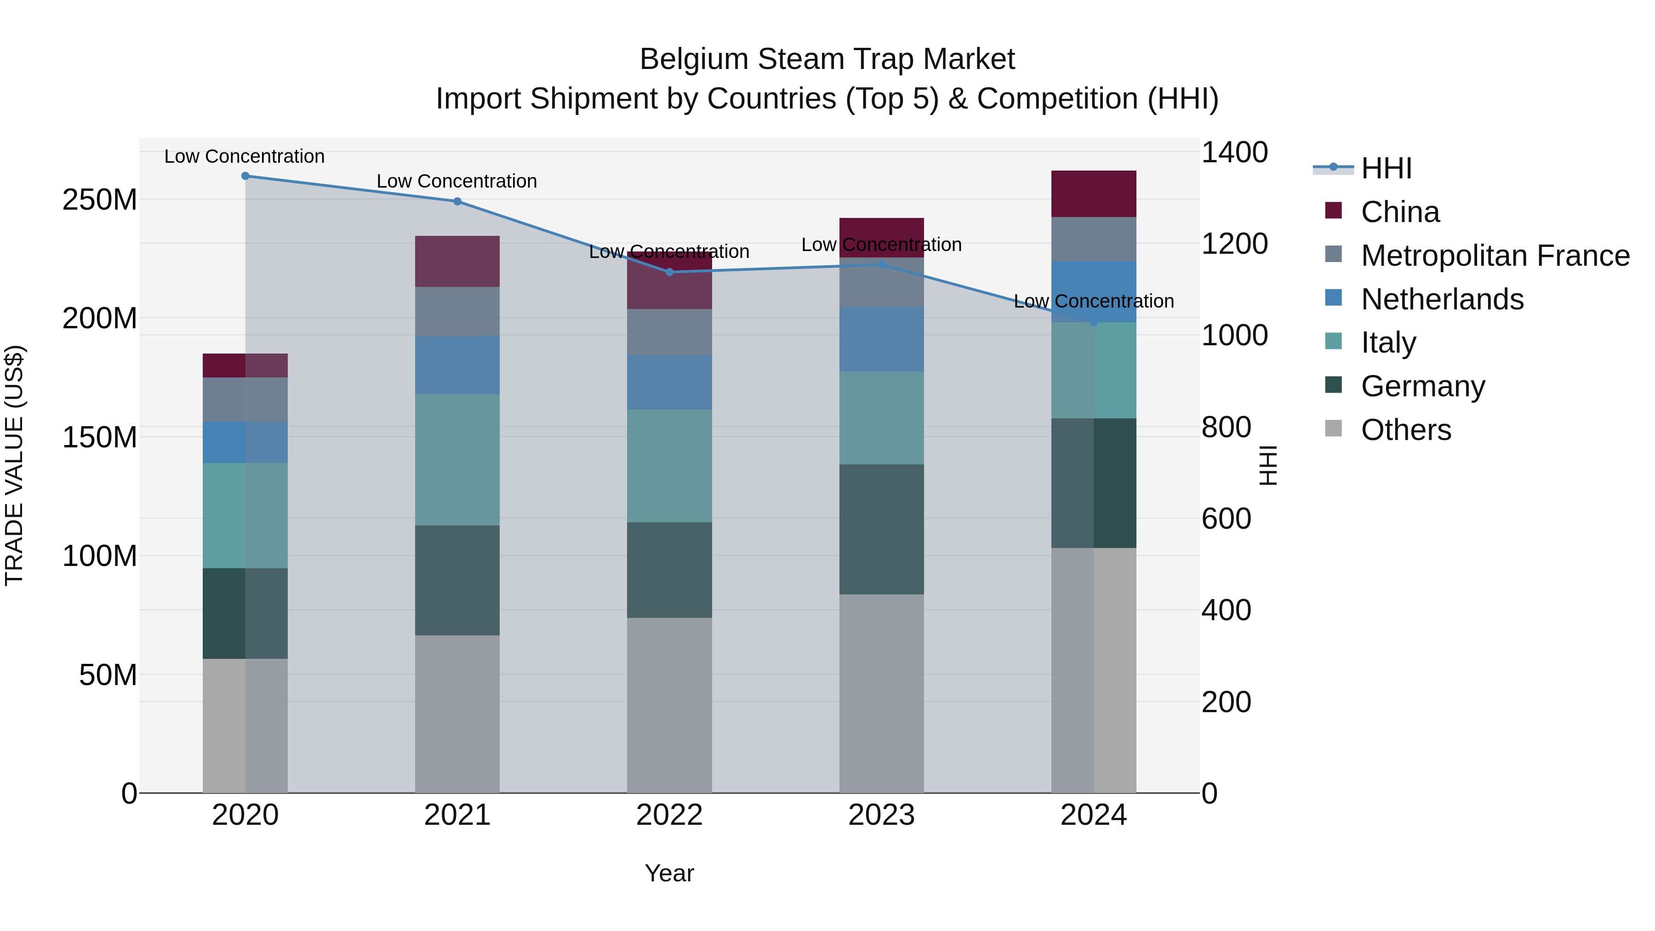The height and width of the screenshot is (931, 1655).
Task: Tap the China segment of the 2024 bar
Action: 1094,194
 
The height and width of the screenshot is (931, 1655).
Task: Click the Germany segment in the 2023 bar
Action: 881,530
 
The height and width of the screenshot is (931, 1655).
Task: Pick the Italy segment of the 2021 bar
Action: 457,460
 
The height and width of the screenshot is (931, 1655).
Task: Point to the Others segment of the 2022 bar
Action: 669,705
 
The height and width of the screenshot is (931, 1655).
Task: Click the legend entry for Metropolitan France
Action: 1495,256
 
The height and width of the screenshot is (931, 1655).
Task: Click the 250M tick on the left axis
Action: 100,200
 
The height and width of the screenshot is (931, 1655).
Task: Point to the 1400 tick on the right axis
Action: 1234,153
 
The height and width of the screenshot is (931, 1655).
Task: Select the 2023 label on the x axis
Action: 881,815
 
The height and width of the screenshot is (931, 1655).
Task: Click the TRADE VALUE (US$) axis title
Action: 14,465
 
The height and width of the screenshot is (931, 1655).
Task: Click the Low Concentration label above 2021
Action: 457,182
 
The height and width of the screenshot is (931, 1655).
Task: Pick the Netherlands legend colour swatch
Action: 1334,298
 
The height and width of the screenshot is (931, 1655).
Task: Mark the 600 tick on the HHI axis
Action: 1226,519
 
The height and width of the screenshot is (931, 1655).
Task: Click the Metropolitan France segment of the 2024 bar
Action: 1094,239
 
